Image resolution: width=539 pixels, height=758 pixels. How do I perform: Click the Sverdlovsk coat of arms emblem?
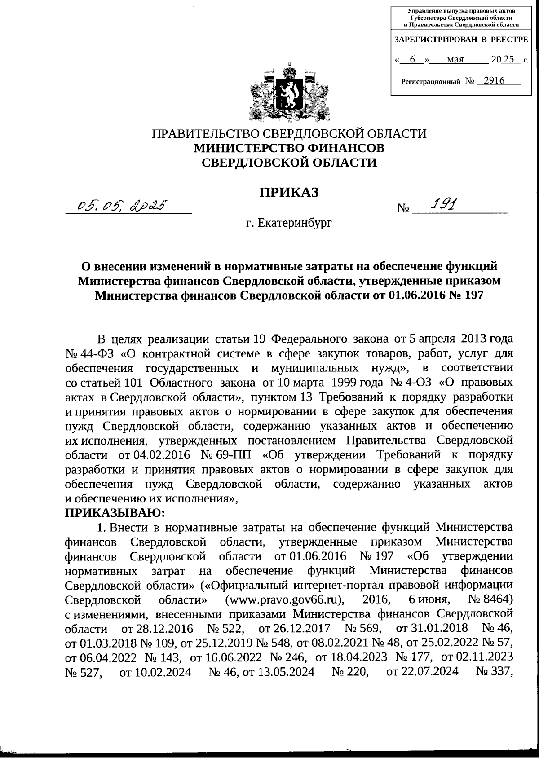[290, 92]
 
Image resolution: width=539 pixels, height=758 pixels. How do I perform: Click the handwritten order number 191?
[442, 205]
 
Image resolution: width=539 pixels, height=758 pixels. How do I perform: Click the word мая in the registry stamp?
[455, 59]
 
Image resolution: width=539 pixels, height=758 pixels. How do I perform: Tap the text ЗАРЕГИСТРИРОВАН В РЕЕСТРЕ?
[461, 40]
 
